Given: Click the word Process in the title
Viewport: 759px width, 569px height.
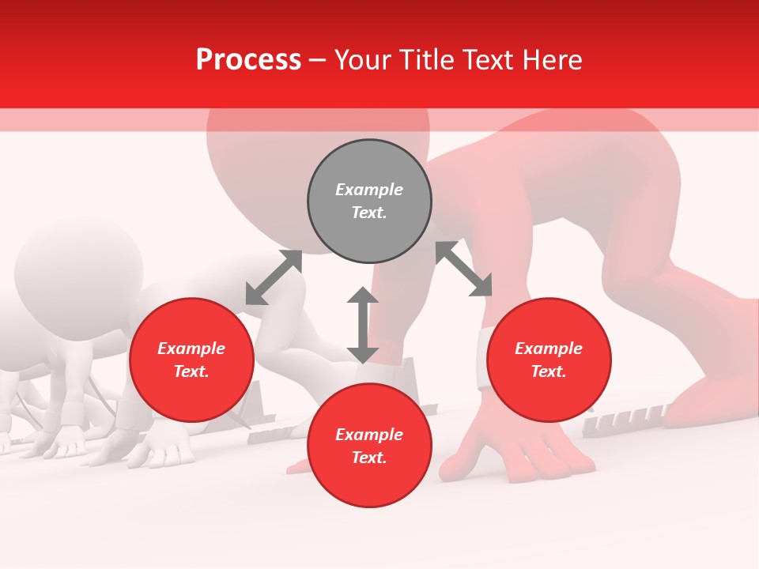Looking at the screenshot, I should (248, 60).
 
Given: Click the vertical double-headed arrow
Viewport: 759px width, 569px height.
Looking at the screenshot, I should (363, 325).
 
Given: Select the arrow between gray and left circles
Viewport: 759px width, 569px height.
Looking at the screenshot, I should (274, 277).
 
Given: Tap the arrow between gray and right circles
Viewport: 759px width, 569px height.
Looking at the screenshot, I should (464, 269).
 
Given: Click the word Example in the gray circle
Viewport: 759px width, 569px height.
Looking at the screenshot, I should (369, 190).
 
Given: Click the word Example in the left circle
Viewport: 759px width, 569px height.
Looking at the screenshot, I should (191, 349).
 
